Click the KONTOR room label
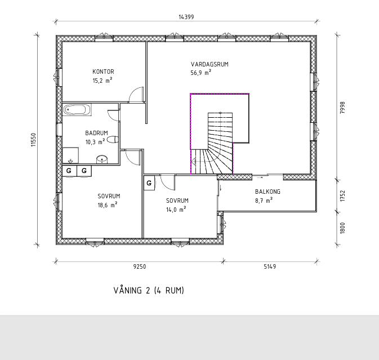(103, 72)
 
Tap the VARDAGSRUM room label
(209, 64)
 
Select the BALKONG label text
(268, 192)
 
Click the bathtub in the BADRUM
(77, 110)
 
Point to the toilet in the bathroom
(113, 140)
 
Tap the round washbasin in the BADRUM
(102, 159)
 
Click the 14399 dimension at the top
(186, 17)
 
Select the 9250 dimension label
(140, 266)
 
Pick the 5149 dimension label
(270, 266)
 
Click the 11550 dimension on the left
(33, 140)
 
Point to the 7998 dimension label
(342, 108)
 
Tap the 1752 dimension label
(342, 196)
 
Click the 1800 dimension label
(342, 228)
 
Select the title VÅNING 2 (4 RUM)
(149, 290)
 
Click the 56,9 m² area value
(201, 73)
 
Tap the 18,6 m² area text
(108, 205)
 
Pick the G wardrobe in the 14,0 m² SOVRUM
(149, 183)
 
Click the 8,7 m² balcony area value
(264, 201)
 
